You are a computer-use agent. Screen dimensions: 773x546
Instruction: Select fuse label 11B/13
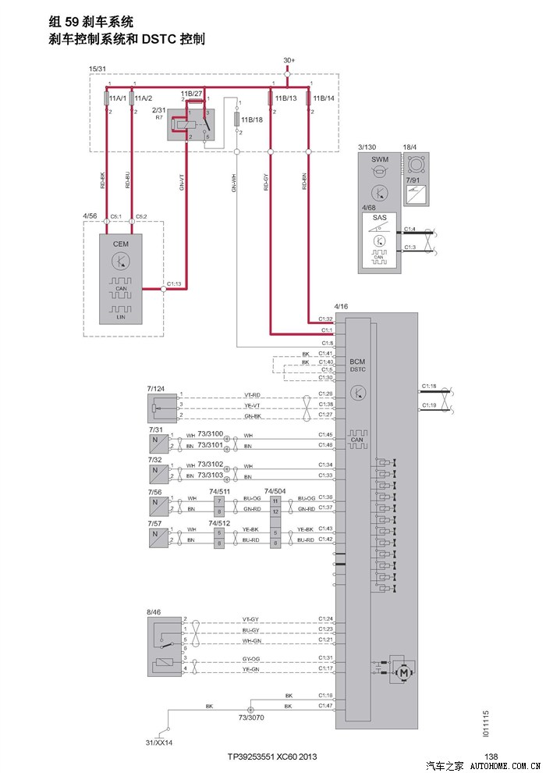click(286, 98)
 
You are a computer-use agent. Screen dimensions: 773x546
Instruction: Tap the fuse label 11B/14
click(324, 98)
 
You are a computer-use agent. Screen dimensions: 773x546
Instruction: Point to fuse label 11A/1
click(119, 99)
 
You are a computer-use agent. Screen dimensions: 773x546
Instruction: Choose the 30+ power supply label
click(289, 60)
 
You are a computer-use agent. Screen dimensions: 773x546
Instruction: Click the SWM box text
click(379, 160)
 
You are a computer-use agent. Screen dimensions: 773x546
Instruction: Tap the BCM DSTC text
click(357, 365)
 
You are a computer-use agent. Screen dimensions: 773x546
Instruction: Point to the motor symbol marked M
click(405, 670)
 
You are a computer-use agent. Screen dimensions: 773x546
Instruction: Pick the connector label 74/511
click(219, 492)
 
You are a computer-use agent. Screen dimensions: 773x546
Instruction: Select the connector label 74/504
click(275, 492)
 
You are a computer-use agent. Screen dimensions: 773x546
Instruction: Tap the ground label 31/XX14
click(159, 742)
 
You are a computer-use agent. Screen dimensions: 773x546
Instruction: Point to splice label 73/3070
click(251, 716)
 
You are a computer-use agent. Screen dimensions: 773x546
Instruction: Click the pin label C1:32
click(325, 319)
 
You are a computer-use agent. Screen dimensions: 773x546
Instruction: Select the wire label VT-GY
click(250, 618)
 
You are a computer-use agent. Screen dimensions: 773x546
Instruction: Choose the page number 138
click(491, 756)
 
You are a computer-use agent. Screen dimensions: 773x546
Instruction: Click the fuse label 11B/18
click(251, 119)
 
